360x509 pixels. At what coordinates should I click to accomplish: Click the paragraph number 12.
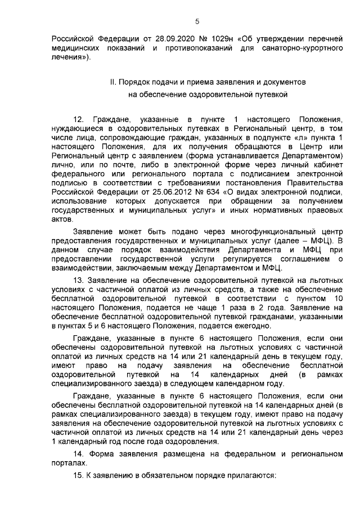(79, 120)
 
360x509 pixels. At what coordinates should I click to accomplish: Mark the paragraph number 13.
(79, 281)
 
